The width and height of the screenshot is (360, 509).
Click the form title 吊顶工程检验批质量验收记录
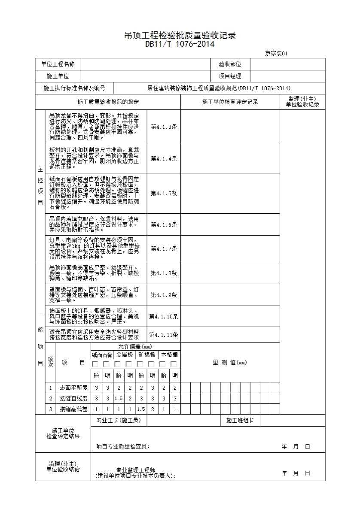click(x=180, y=36)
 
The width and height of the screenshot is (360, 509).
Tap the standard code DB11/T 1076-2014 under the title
click(x=180, y=44)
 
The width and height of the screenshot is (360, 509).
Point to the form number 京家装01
click(x=278, y=54)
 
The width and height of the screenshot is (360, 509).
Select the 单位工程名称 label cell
click(x=58, y=64)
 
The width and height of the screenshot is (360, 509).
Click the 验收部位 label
click(x=230, y=64)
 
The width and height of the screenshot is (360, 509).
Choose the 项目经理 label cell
click(x=230, y=76)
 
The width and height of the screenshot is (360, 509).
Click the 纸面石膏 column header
click(x=102, y=355)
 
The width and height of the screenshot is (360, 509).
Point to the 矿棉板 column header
click(x=147, y=355)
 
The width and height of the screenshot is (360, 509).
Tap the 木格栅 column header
click(x=169, y=355)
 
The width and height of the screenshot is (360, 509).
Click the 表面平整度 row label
click(x=73, y=388)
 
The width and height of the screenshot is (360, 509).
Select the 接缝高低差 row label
click(x=73, y=409)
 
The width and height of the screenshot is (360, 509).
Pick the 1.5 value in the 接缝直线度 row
click(x=119, y=399)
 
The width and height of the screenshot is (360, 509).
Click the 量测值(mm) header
click(x=230, y=363)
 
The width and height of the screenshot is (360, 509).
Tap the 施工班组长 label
click(x=240, y=421)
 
